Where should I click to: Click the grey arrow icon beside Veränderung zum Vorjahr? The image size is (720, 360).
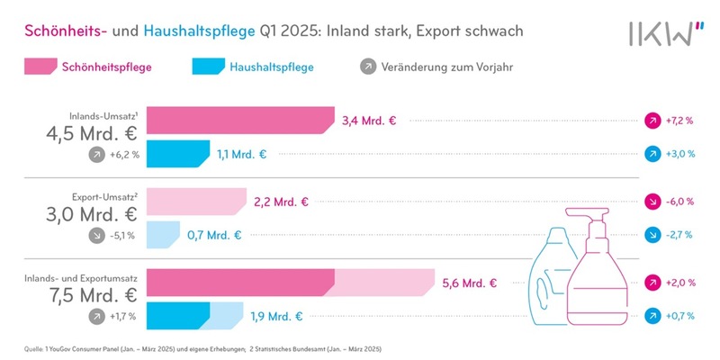click(x=367, y=67)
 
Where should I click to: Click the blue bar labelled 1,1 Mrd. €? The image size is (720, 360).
click(x=177, y=154)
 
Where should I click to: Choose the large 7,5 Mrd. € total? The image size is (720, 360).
click(x=92, y=297)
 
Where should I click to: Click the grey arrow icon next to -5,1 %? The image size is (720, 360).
click(x=95, y=236)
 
